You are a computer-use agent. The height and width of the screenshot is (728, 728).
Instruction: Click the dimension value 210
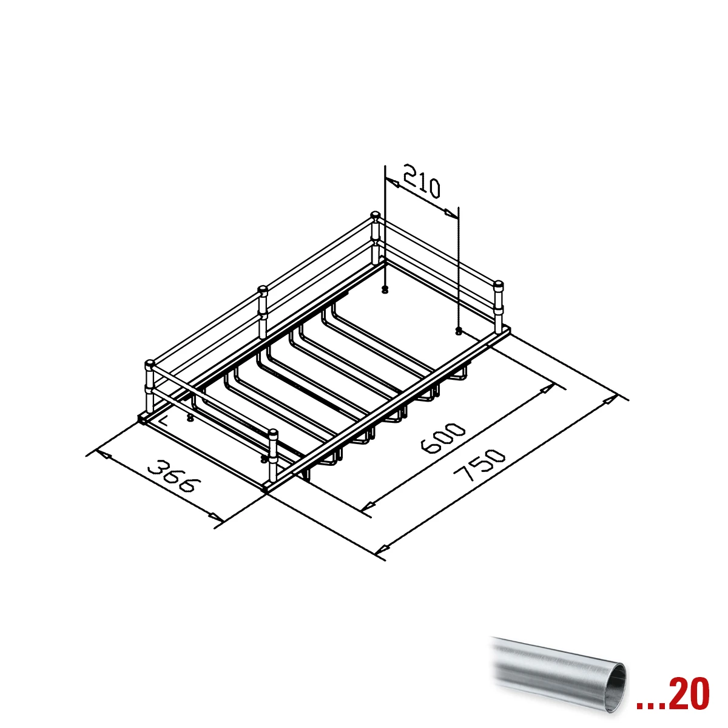(x=422, y=181)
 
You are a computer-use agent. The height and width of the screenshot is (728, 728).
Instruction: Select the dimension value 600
(x=442, y=437)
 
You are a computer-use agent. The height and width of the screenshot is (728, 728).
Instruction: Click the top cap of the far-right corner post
(x=499, y=284)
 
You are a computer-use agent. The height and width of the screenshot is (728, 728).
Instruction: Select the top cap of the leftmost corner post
(x=150, y=364)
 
